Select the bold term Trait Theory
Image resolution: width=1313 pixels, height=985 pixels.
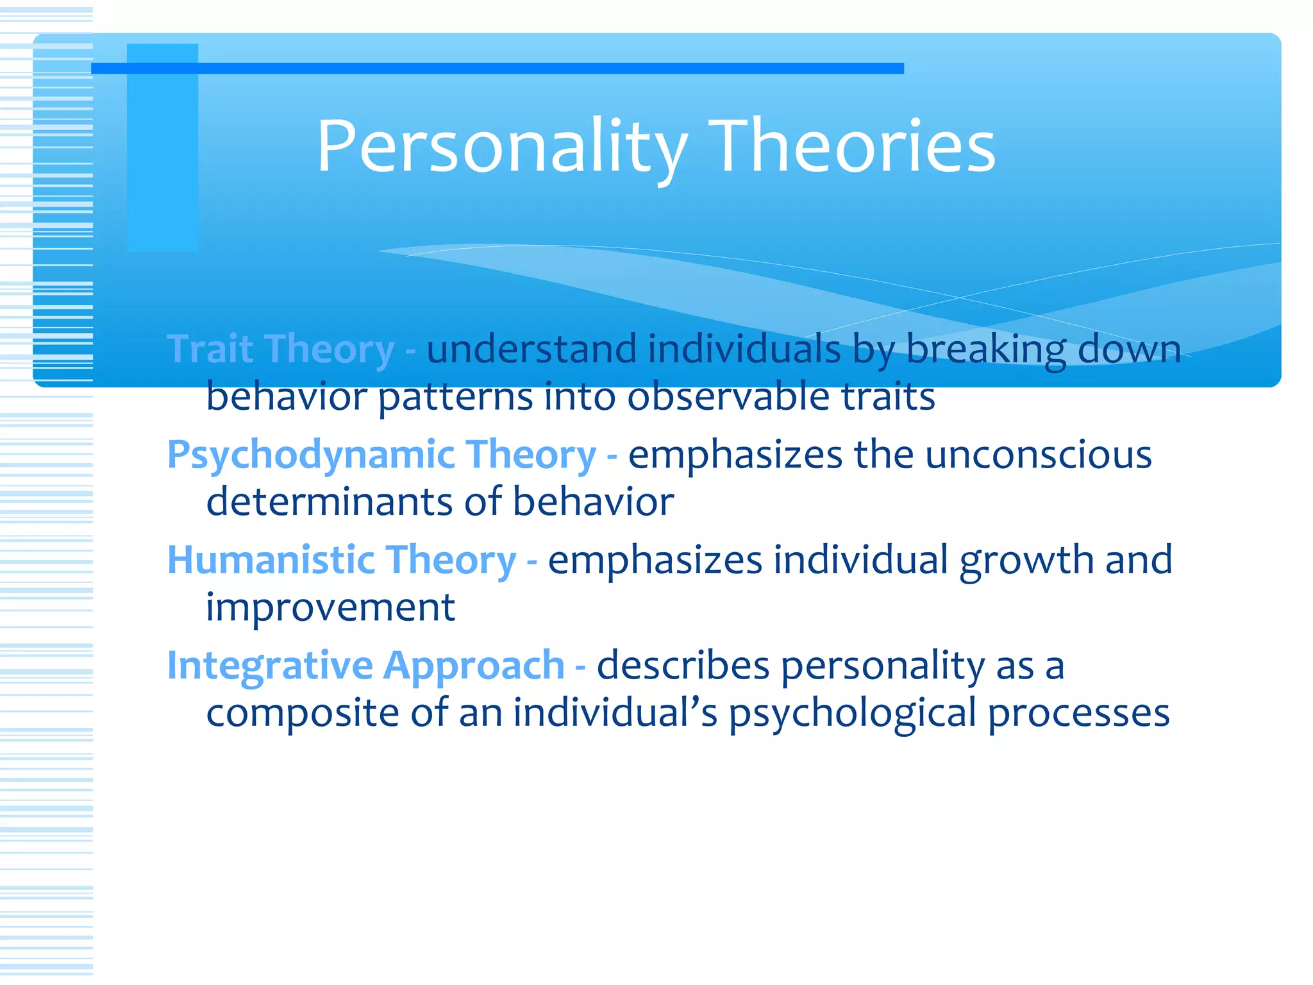click(281, 349)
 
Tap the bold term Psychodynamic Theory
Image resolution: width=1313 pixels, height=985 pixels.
click(382, 455)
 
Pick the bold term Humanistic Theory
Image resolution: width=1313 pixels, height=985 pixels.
click(342, 560)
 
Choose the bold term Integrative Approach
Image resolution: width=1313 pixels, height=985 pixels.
click(366, 666)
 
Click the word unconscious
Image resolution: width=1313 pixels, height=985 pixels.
click(1039, 455)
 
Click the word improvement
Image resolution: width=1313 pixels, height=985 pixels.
click(330, 607)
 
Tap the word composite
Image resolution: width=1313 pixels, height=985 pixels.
click(303, 713)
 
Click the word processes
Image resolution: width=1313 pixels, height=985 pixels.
click(1078, 713)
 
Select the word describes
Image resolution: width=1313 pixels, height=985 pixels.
click(683, 666)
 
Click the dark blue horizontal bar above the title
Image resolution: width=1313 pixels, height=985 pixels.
click(498, 68)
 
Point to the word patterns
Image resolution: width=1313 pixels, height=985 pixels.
click(455, 396)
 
